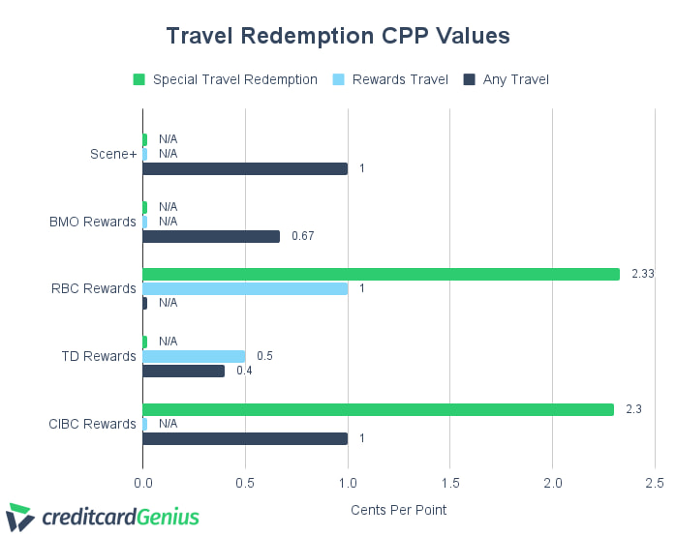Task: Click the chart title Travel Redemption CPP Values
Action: [x=337, y=36]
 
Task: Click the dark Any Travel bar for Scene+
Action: [x=245, y=168]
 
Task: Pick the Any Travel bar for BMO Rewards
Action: [x=211, y=236]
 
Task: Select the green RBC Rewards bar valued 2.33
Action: [x=381, y=274]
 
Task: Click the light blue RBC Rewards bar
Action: [x=245, y=288]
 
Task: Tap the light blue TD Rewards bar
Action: [x=194, y=356]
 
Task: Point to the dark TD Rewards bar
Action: [x=183, y=371]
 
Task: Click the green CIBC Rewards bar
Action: [x=378, y=409]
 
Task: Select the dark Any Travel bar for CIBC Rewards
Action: [x=245, y=438]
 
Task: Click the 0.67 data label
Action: [x=303, y=236]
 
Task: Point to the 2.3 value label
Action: [x=633, y=409]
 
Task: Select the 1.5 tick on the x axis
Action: [x=449, y=482]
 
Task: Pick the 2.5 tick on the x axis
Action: [x=654, y=482]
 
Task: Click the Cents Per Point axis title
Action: [x=398, y=509]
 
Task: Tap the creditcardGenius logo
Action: [x=104, y=517]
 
